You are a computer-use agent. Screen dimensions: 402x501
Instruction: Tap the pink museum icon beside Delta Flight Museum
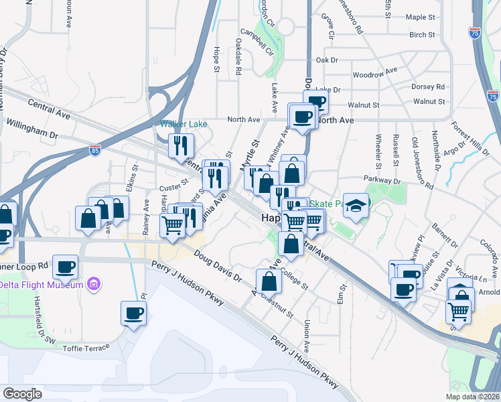94,285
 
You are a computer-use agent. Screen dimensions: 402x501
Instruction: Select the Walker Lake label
183,124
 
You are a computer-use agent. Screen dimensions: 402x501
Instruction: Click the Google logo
22,394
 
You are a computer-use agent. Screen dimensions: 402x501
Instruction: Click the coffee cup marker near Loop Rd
66,266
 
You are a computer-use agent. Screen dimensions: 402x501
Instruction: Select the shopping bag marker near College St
269,280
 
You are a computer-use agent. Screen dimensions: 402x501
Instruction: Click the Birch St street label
422,34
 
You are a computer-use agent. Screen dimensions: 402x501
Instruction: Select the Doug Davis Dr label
217,266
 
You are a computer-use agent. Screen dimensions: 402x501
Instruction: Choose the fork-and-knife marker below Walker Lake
181,145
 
